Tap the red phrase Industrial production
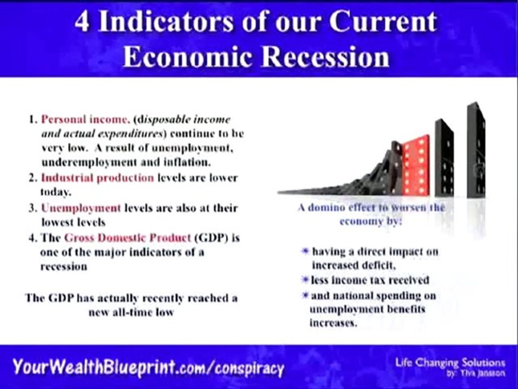pyautogui.click(x=98, y=178)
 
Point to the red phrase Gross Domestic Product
pyautogui.click(x=127, y=237)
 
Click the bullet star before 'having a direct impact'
pyautogui.click(x=305, y=252)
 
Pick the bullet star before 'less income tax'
pyautogui.click(x=305, y=280)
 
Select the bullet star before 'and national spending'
pyautogui.click(x=305, y=296)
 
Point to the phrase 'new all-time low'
pyautogui.click(x=131, y=312)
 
